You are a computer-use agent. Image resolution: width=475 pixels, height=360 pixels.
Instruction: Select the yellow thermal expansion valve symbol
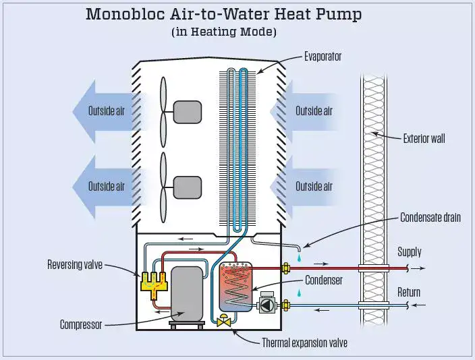(x=225, y=322)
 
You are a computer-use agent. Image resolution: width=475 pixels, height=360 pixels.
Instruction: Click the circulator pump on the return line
(x=267, y=305)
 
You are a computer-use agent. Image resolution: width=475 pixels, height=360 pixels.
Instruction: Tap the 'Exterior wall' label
(x=424, y=139)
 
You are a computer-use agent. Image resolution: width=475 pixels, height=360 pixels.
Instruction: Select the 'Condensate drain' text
(x=430, y=218)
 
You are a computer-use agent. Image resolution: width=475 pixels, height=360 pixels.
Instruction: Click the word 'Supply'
(x=410, y=252)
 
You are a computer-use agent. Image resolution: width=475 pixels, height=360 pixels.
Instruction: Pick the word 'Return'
(x=409, y=292)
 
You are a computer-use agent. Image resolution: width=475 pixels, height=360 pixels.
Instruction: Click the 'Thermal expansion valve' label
(x=304, y=343)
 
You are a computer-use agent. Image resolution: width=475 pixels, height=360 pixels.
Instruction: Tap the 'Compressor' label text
(x=81, y=325)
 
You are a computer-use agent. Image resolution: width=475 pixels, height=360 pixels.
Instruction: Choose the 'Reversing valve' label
(x=75, y=264)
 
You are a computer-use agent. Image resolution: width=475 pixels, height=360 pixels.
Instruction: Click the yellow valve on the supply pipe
(x=285, y=268)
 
